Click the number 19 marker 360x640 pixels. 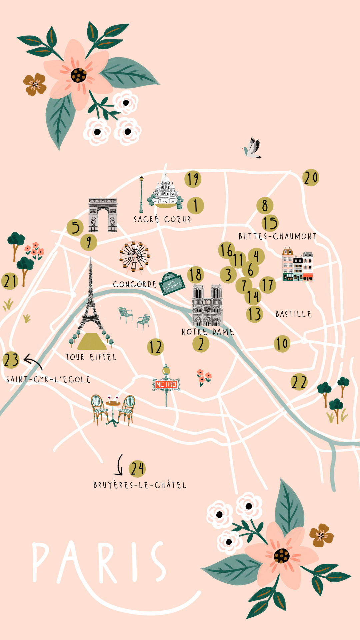193,179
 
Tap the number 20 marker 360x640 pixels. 311,178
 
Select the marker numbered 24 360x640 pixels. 137,468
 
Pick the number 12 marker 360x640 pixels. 155,347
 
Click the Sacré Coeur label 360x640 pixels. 162,219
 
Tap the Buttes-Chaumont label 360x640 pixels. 277,236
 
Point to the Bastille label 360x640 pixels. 293,314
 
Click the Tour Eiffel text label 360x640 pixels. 91,357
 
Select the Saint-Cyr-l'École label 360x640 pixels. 48,379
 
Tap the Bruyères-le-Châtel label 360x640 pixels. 140,485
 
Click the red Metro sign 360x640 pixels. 166,384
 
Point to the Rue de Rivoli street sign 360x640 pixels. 172,284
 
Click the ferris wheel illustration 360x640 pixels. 134,256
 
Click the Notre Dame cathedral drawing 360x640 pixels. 207,305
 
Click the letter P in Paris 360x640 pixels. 40,562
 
